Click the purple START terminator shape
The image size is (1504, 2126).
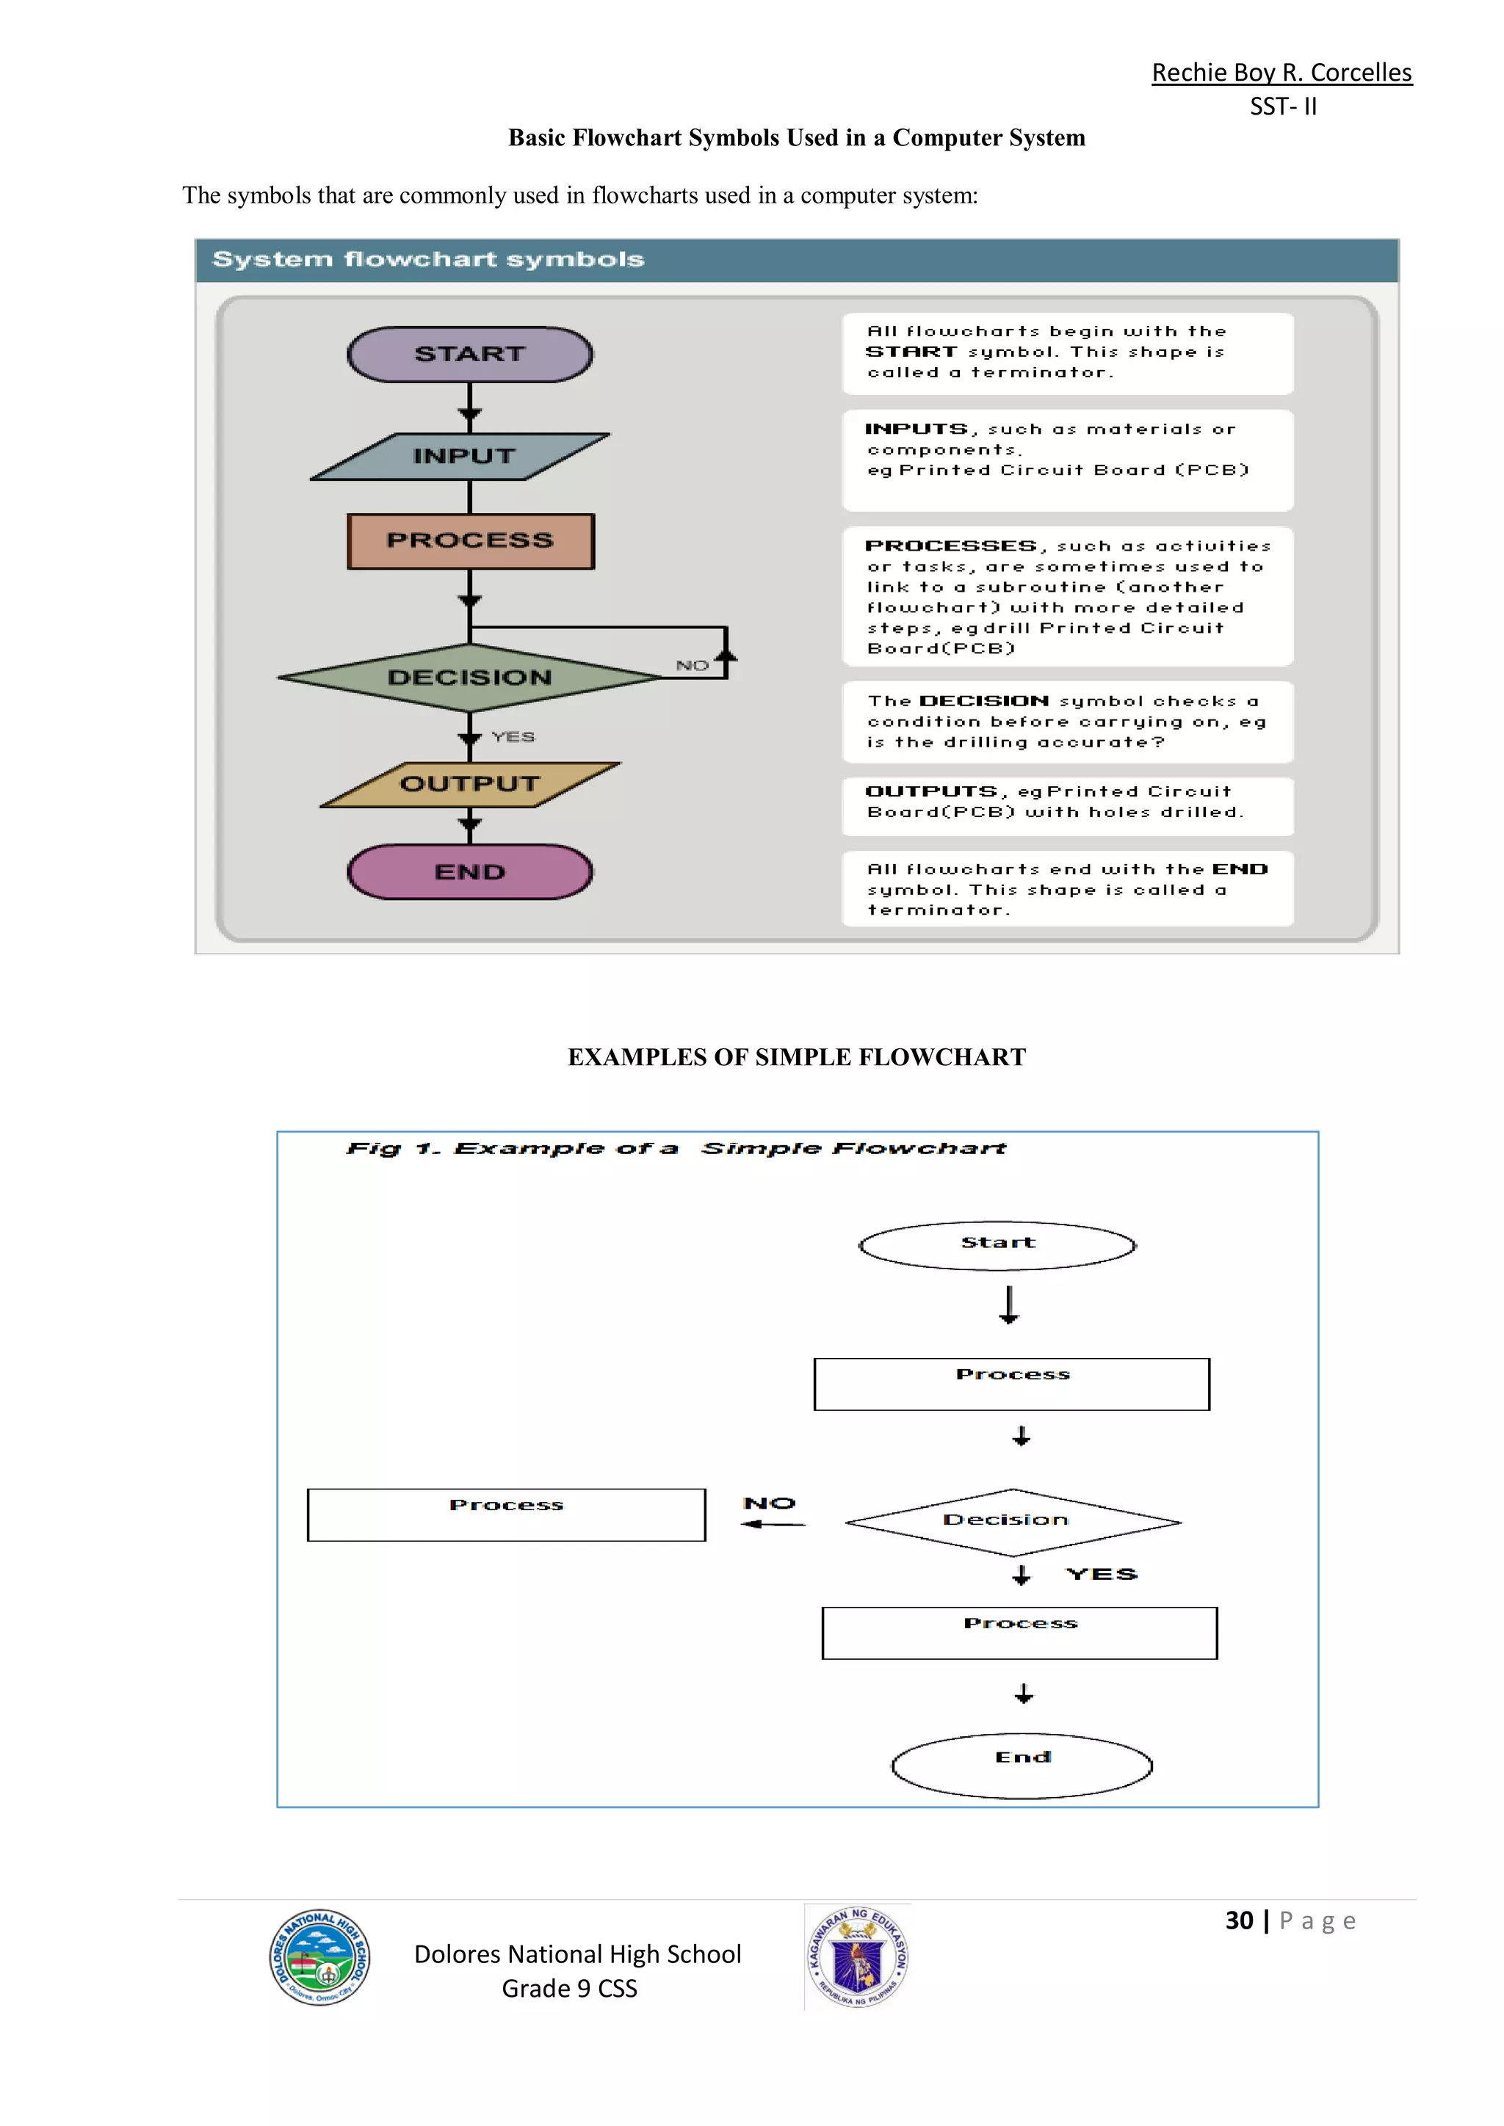(469, 354)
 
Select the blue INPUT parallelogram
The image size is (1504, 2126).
(461, 457)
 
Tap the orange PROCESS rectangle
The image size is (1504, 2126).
(471, 541)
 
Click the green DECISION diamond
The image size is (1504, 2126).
(469, 678)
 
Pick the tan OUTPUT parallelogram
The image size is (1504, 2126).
(469, 784)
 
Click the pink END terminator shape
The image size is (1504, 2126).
(469, 871)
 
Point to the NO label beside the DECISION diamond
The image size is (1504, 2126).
(692, 665)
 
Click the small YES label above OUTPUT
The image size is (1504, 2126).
(513, 736)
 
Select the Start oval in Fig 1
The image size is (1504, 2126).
(997, 1245)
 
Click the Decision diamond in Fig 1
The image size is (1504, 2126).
(1012, 1521)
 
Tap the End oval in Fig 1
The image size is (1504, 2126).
(1022, 1765)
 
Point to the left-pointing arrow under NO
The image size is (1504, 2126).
(773, 1523)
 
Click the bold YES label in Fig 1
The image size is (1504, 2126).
(1101, 1574)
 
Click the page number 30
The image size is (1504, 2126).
(1239, 1920)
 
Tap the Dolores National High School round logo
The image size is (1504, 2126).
(320, 1956)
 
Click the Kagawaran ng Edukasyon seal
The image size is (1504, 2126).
(858, 1956)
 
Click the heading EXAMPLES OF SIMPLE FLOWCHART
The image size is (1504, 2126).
(797, 1056)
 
